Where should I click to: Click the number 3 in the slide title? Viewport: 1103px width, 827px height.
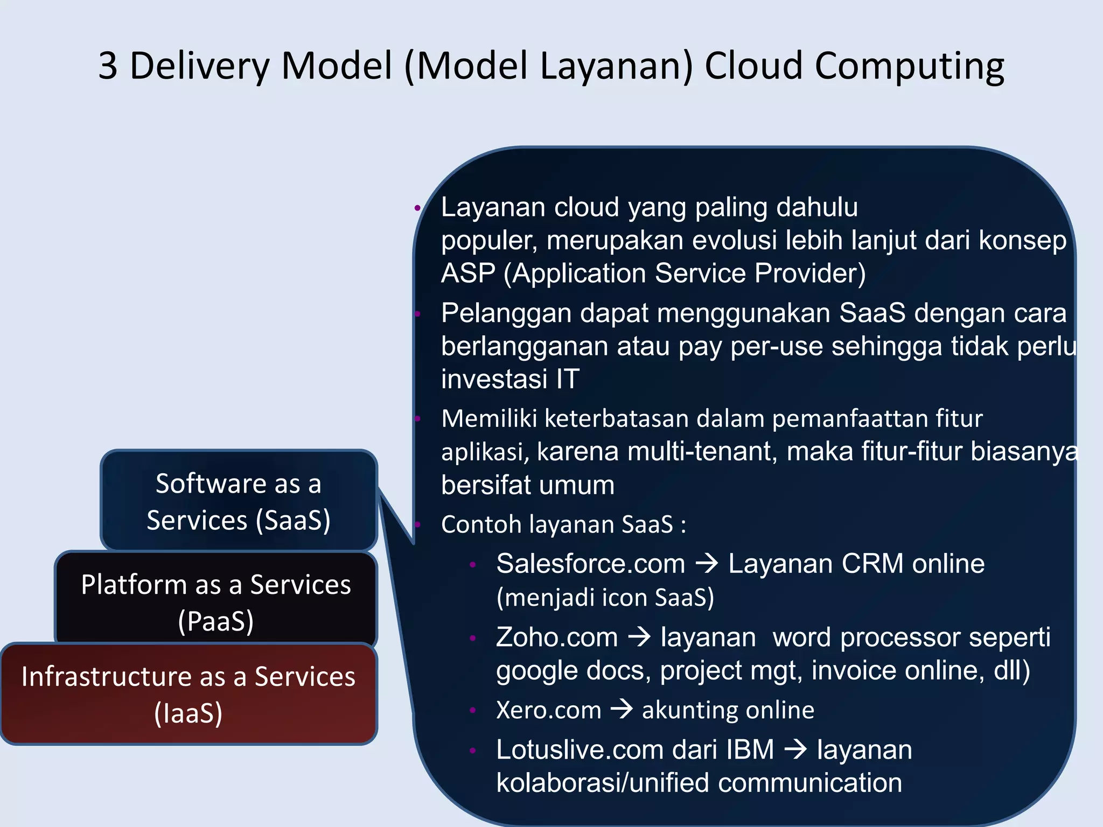tap(108, 66)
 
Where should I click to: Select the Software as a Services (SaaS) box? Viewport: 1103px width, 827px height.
tap(239, 501)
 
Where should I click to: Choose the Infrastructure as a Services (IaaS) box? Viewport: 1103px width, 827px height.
tap(189, 693)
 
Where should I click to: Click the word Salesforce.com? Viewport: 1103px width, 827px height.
tap(590, 564)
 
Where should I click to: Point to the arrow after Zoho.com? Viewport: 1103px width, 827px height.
tap(640, 637)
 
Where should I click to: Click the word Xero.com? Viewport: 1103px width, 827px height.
tap(548, 710)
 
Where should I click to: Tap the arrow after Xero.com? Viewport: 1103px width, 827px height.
tap(622, 709)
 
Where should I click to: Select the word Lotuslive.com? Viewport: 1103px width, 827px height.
tap(580, 750)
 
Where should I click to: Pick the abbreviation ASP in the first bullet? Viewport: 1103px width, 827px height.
tap(467, 274)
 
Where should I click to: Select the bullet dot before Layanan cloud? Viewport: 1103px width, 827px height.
tap(417, 208)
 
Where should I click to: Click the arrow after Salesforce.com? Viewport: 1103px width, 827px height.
tap(707, 564)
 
